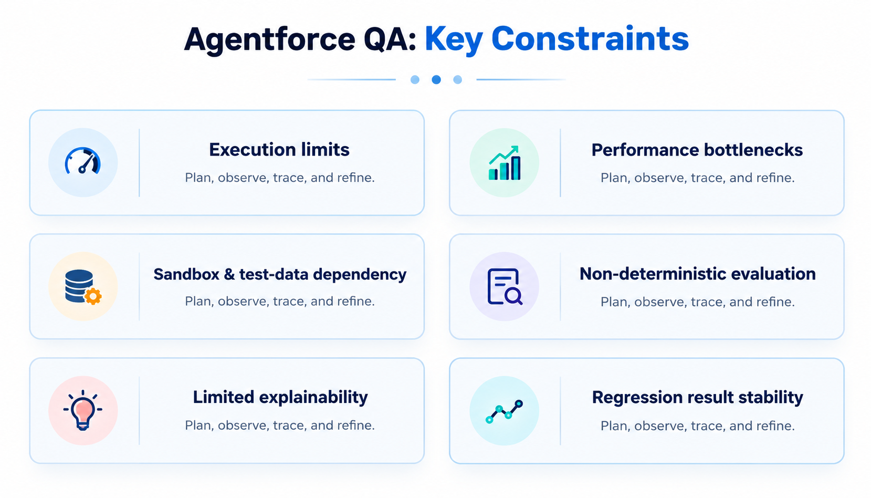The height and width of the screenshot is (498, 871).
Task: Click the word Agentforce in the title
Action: click(270, 40)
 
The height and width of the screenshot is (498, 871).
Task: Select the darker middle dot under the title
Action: click(436, 80)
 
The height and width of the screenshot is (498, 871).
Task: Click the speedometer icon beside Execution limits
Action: click(83, 160)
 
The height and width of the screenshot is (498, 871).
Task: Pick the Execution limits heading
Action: click(279, 150)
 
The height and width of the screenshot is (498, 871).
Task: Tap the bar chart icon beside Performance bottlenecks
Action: click(505, 163)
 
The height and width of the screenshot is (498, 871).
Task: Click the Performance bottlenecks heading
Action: click(697, 150)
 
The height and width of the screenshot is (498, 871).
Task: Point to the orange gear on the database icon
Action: click(93, 296)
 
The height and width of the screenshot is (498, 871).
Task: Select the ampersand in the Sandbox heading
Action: click(229, 274)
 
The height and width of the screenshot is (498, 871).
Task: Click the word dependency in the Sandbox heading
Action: click(360, 275)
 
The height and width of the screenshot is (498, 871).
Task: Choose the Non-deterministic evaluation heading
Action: click(698, 274)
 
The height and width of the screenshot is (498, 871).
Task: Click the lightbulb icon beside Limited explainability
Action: click(83, 410)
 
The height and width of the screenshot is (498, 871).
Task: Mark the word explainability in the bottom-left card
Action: click(313, 398)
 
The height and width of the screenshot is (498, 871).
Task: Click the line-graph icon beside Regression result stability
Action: click(505, 412)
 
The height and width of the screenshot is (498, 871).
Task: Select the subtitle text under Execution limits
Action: click(280, 178)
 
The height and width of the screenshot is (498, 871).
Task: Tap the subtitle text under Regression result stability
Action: click(698, 426)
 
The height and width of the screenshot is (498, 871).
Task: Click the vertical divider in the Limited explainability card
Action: click(139, 410)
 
